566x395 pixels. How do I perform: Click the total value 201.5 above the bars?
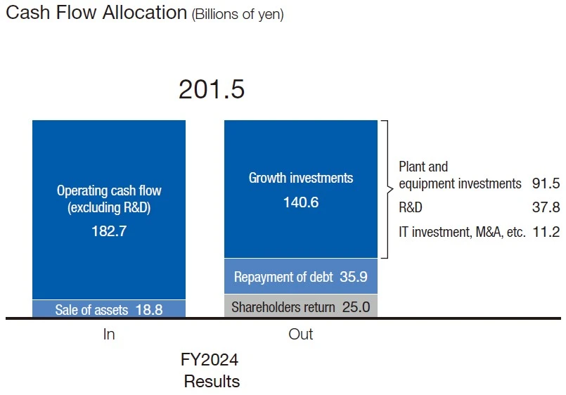pos(211,89)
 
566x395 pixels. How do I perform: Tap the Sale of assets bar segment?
pos(109,309)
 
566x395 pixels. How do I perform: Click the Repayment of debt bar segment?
pos(301,277)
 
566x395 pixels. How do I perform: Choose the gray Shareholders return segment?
pos(301,306)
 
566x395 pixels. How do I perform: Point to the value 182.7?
pos(109,231)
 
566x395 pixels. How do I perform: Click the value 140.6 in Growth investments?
pos(301,202)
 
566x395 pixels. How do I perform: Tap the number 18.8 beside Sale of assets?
pos(149,309)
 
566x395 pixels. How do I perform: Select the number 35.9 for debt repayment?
pos(353,277)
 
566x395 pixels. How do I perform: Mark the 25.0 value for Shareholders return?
pos(355,306)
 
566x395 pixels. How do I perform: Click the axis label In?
pos(109,335)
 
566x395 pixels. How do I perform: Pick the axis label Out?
pos(301,335)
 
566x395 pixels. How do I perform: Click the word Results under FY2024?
pos(212,382)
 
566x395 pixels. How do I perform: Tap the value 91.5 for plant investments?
pos(546,184)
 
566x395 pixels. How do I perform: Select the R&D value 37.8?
pos(546,208)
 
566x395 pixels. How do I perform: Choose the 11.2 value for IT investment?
pos(546,232)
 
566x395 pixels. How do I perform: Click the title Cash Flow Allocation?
pos(96,13)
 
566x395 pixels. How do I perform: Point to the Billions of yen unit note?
pos(238,15)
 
